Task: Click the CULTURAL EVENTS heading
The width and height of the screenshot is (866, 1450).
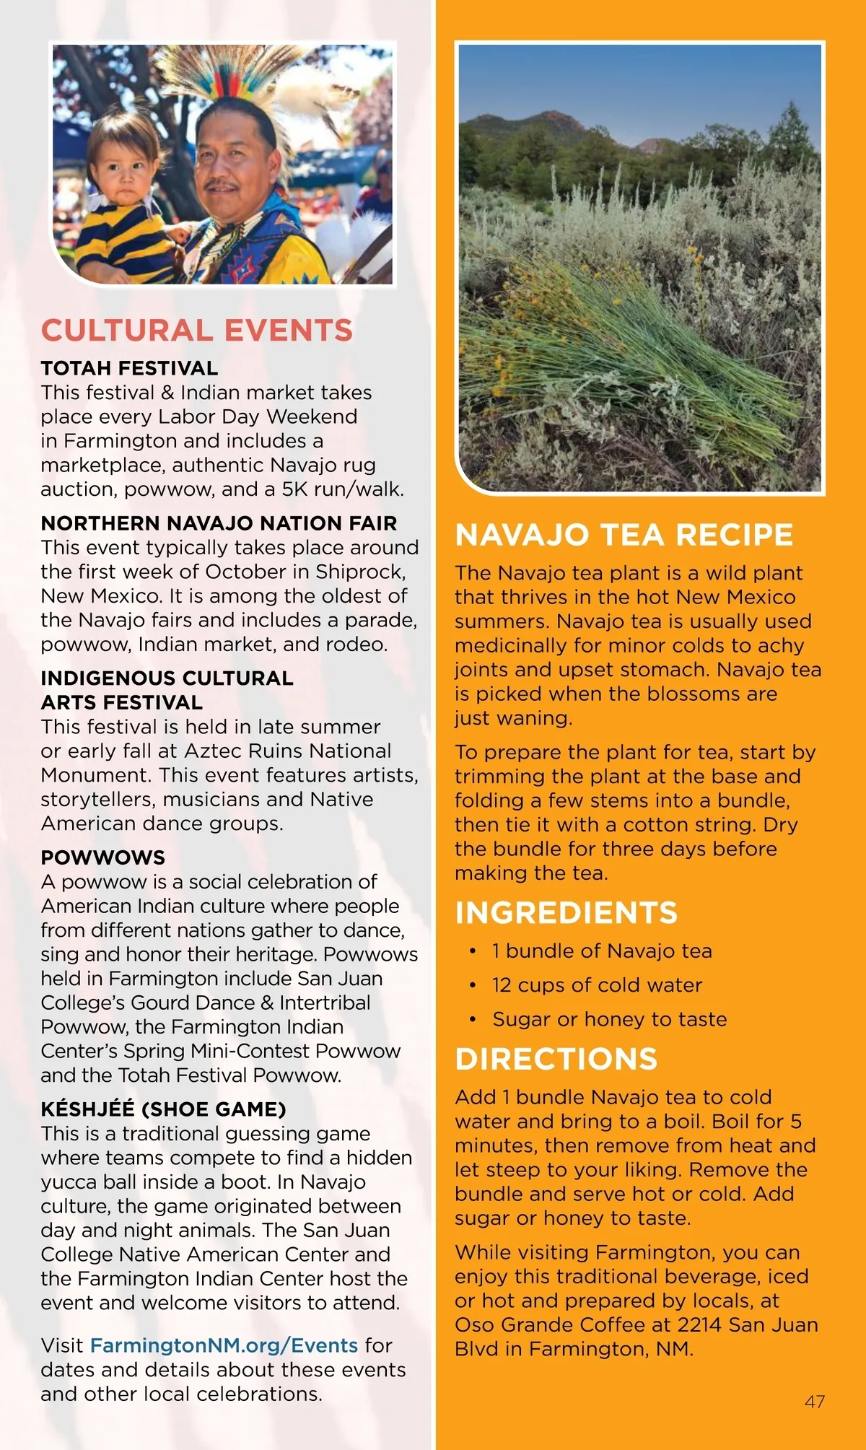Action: (196, 331)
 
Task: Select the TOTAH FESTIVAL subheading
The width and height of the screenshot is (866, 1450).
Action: (129, 368)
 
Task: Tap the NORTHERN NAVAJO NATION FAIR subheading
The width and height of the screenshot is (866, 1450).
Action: (219, 523)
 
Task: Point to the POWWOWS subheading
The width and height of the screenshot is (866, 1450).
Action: (102, 857)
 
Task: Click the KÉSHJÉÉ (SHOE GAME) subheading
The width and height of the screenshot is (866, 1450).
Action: (163, 1109)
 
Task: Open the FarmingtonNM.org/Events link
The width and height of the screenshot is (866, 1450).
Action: (224, 1345)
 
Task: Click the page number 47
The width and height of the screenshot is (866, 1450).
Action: (815, 1402)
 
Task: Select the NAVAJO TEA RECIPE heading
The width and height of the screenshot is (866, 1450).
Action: (624, 535)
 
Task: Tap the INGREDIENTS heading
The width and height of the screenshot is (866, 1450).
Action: (567, 913)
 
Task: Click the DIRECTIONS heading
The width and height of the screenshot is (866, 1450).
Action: (556, 1059)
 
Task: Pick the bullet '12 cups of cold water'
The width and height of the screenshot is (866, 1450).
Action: (597, 985)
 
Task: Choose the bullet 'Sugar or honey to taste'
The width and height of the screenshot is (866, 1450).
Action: (610, 1019)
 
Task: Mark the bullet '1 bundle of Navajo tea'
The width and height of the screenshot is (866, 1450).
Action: (602, 951)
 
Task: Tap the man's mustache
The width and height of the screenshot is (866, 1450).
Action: (222, 186)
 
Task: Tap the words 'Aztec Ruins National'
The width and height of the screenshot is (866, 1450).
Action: (288, 751)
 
